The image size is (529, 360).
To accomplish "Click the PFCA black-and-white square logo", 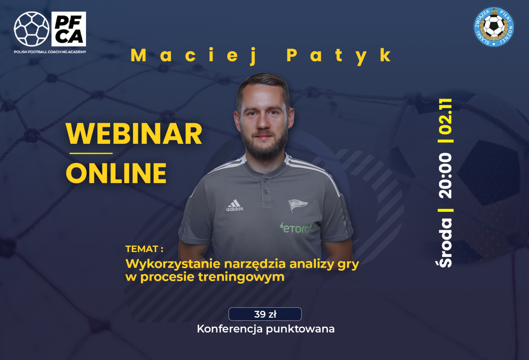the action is click(69, 29).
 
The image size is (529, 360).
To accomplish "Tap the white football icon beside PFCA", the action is click(31, 29).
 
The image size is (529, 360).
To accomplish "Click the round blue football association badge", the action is click(494, 27).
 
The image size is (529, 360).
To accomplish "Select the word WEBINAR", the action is click(134, 134).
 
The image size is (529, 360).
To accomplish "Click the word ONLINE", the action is click(116, 173).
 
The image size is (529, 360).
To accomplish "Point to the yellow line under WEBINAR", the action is click(91, 153).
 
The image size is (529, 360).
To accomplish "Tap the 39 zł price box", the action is click(265, 314).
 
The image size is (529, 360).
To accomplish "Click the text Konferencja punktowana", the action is click(266, 329).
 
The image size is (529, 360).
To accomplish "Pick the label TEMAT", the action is click(142, 249).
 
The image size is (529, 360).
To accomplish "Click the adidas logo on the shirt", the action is click(235, 205).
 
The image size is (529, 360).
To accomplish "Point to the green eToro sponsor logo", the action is click(296, 228).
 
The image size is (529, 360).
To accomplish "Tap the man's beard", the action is click(265, 146).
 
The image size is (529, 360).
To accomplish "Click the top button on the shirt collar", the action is click(266, 181).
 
